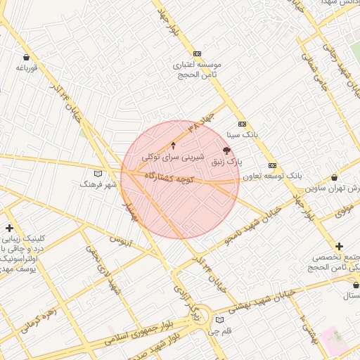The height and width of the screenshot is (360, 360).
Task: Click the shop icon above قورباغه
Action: pos(27,57)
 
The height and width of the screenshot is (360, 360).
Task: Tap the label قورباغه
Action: pos(26,68)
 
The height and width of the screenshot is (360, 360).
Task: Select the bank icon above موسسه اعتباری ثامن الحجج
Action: pos(197,53)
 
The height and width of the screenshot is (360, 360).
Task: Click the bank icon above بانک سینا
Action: pos(242,123)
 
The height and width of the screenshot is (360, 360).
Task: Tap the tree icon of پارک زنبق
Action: pos(226,150)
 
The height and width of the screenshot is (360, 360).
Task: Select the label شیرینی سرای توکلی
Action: pos(173,157)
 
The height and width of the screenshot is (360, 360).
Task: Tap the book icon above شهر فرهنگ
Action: pos(98,173)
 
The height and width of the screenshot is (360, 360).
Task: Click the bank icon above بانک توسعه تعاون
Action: pos(273,165)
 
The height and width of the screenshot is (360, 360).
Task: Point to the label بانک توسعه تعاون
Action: pos(273,176)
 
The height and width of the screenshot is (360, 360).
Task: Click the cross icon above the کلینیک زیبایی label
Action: pos(9,228)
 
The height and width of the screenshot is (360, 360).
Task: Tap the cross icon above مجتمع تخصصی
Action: pos(340,246)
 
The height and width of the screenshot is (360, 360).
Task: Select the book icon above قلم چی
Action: pos(220,320)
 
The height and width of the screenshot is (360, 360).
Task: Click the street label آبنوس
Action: pos(120,240)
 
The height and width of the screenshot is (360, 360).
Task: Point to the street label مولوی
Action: pos(343,210)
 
